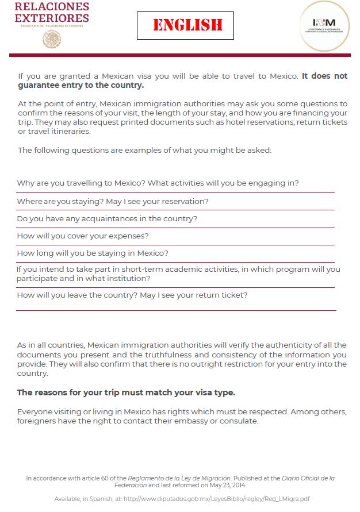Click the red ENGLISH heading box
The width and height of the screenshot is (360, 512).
[x=185, y=25]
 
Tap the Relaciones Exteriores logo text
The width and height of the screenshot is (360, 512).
[x=52, y=12]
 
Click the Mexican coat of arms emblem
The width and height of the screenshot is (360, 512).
[x=52, y=39]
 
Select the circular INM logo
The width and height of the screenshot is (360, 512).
[x=323, y=26]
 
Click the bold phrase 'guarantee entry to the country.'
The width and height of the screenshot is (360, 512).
[x=81, y=86]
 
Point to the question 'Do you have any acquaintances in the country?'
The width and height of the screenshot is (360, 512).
[x=107, y=219]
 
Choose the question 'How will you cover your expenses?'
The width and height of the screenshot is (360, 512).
[x=83, y=236]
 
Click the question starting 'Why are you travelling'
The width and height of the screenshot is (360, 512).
[x=158, y=183]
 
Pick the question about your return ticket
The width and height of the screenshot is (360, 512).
[x=132, y=295]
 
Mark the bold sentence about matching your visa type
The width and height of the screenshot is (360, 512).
[x=126, y=393]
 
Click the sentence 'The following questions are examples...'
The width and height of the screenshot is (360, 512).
[x=144, y=151]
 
